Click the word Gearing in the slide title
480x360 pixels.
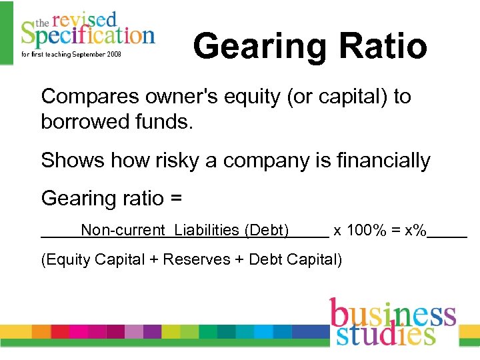[260, 47]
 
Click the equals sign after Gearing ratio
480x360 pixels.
[176, 199]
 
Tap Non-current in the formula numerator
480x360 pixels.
[123, 231]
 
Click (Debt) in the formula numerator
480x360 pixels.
[267, 231]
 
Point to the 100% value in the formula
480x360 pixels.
[365, 231]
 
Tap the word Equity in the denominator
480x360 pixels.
[68, 260]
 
